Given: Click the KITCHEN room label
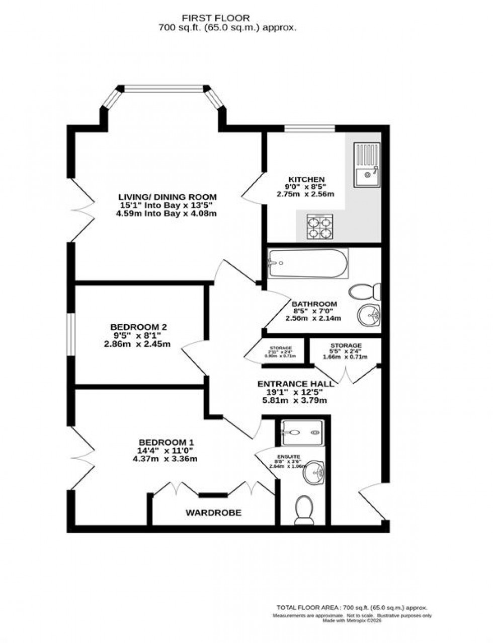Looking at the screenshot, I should (306, 179).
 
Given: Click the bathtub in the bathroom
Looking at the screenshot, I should (307, 264).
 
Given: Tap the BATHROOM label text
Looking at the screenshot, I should (314, 304).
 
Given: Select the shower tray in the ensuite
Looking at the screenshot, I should (301, 432).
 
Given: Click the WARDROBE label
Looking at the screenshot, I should (213, 513).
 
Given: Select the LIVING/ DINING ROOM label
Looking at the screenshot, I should (167, 197).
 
